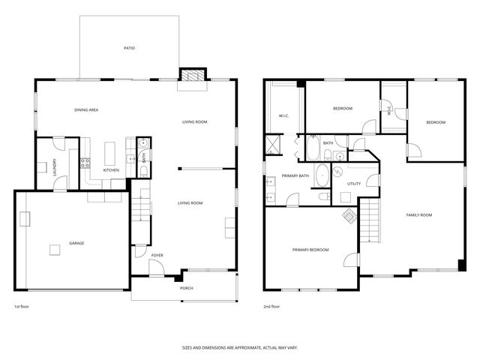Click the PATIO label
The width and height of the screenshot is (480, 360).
(x=129, y=48)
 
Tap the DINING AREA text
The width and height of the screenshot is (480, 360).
(x=86, y=110)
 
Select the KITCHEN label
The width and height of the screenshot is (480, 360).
(x=111, y=170)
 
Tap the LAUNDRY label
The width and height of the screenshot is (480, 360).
(x=55, y=165)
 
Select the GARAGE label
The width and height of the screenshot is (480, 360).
(x=76, y=244)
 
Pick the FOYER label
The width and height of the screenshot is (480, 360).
(x=157, y=256)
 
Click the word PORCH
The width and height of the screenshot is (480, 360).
(x=185, y=288)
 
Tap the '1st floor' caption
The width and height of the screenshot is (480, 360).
(x=22, y=307)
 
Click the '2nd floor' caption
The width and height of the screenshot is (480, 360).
(x=271, y=307)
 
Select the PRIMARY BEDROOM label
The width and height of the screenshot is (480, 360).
(x=310, y=249)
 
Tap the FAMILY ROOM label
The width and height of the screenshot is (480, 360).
(x=419, y=215)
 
